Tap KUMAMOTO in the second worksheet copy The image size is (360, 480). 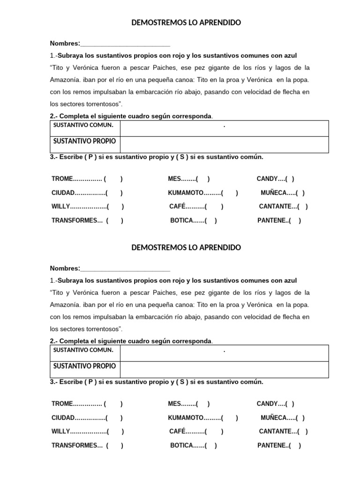[x=186, y=418]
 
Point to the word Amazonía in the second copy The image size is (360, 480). [x=65, y=305]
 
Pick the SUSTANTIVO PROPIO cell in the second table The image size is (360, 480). [x=84, y=366]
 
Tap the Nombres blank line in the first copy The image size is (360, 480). [x=125, y=44]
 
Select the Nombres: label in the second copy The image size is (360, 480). [x=65, y=269]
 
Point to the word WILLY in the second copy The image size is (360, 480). [x=60, y=432]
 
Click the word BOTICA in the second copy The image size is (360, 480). [x=181, y=446]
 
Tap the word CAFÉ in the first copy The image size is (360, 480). [x=178, y=207]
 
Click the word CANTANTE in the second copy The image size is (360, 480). [x=275, y=432]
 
